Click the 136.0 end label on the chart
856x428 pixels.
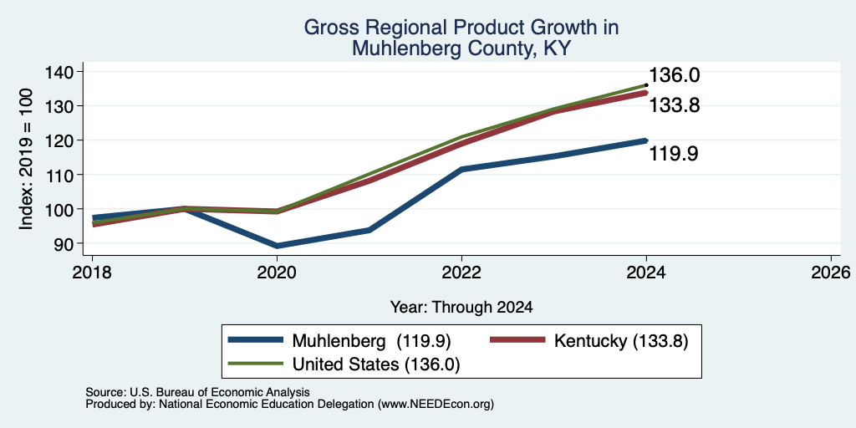[x=675, y=75]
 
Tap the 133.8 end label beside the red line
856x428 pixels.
[x=675, y=104]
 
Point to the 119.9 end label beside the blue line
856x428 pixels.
[x=675, y=154]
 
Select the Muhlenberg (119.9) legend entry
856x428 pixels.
[x=340, y=341]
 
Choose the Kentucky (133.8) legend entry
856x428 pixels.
[x=589, y=341]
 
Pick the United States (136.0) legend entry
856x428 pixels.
[x=344, y=364]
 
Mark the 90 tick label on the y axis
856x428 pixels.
[x=64, y=243]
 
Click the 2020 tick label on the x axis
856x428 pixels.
[x=278, y=272]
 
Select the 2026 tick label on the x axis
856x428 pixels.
[x=831, y=272]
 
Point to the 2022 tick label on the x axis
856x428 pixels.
[x=461, y=272]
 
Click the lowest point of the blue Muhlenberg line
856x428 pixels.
[x=278, y=246]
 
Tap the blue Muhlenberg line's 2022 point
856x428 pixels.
[x=461, y=169]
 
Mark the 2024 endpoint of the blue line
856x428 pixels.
[x=646, y=140]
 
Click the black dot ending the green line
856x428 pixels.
[x=646, y=85]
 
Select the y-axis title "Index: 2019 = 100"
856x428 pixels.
[x=27, y=159]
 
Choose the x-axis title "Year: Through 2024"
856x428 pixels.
[x=461, y=308]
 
